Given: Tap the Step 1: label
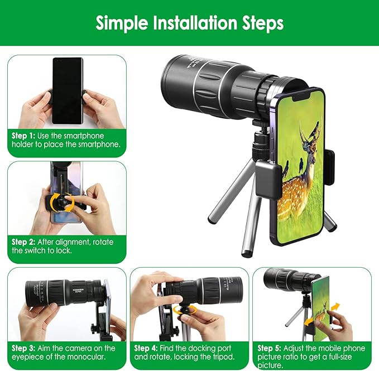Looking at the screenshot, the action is (23, 136).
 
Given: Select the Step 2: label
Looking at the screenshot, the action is (23, 242).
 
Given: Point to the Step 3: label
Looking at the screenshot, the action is (23, 348).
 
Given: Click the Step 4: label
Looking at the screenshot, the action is (146, 348).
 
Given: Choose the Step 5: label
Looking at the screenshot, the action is (269, 348).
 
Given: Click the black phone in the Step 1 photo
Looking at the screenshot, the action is (68, 91).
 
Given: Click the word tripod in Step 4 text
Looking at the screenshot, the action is (224, 357).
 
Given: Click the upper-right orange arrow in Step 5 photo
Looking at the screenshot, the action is (335, 308).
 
